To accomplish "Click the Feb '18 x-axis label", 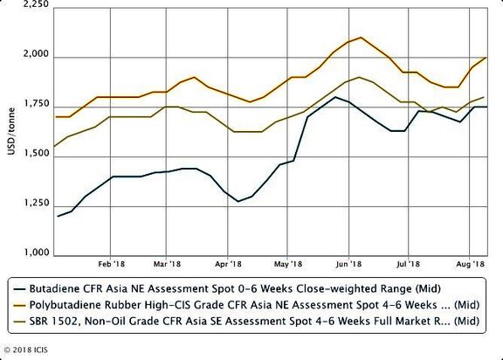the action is pyautogui.click(x=111, y=264).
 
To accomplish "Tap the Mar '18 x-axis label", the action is pyautogui.click(x=167, y=264).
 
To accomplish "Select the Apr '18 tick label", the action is pyautogui.click(x=228, y=264).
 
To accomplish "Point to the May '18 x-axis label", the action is pyautogui.click(x=288, y=264).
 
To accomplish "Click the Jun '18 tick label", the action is pyautogui.click(x=348, y=264).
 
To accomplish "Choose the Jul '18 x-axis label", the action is pyautogui.click(x=409, y=264).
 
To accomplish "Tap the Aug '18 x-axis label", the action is pyautogui.click(x=471, y=264).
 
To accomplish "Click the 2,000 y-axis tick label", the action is pyautogui.click(x=37, y=54).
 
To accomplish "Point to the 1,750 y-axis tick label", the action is pyautogui.click(x=37, y=104).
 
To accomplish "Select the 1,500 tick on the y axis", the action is pyautogui.click(x=37, y=154).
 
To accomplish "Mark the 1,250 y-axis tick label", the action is pyautogui.click(x=37, y=203).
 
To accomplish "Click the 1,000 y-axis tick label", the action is pyautogui.click(x=37, y=253).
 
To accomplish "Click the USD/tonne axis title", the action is pyautogui.click(x=11, y=132).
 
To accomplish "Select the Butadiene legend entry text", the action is pyautogui.click(x=235, y=288).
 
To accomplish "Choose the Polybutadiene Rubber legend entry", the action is pyautogui.click(x=255, y=305).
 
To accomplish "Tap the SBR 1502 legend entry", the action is pyautogui.click(x=255, y=321).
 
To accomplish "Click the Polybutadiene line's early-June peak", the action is pyautogui.click(x=362, y=38).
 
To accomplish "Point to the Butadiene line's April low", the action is pyautogui.click(x=238, y=201).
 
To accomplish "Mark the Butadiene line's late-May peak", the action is pyautogui.click(x=335, y=97).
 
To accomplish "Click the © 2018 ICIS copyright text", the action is pyautogui.click(x=25, y=350).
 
